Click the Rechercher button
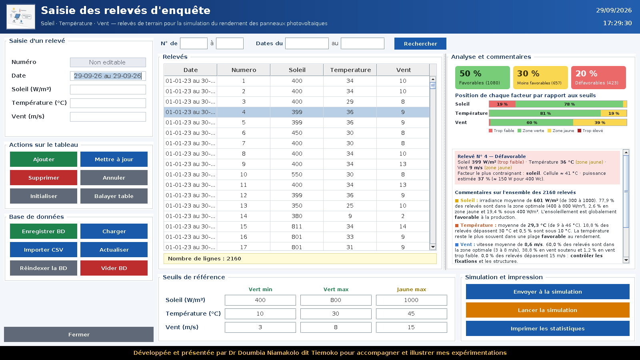point(420,44)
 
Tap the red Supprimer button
point(44,178)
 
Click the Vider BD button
point(114,268)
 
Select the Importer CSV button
point(44,250)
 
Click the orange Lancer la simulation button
point(548,310)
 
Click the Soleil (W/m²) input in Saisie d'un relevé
point(108,90)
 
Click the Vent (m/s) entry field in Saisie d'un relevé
point(108,116)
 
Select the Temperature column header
point(350,70)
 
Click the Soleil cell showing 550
point(297,174)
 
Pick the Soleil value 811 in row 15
point(297,226)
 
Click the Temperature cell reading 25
point(350,206)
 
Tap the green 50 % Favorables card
point(482,78)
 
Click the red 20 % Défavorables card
point(598,78)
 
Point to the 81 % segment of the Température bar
point(545,114)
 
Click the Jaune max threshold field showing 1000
point(412,300)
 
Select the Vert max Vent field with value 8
point(336,327)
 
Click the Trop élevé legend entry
point(590,130)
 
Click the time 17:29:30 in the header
point(618,23)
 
